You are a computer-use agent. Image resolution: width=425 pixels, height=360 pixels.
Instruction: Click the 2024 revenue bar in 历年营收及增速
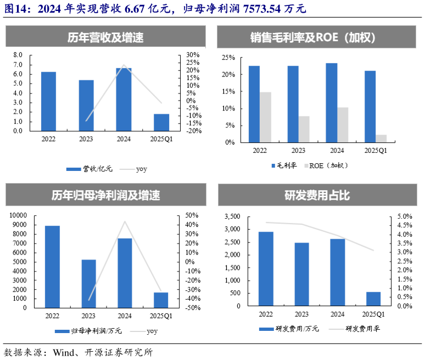124,99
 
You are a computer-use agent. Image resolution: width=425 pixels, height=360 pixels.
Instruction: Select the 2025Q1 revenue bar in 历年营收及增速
161,122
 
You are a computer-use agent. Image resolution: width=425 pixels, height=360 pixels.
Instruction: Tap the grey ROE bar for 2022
266,117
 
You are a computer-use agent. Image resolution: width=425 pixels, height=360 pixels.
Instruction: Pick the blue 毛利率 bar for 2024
332,103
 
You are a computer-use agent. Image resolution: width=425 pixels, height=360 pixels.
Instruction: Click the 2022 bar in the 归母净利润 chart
52,267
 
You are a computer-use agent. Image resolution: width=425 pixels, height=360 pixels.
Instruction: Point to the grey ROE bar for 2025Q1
382,139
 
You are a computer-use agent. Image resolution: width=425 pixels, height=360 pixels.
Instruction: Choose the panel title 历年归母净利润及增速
106,195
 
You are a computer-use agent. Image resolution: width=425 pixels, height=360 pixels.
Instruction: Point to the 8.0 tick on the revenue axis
18,55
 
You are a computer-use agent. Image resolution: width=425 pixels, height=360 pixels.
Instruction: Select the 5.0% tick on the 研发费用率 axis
404,217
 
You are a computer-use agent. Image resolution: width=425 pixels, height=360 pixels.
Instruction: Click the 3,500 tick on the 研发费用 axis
232,217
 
